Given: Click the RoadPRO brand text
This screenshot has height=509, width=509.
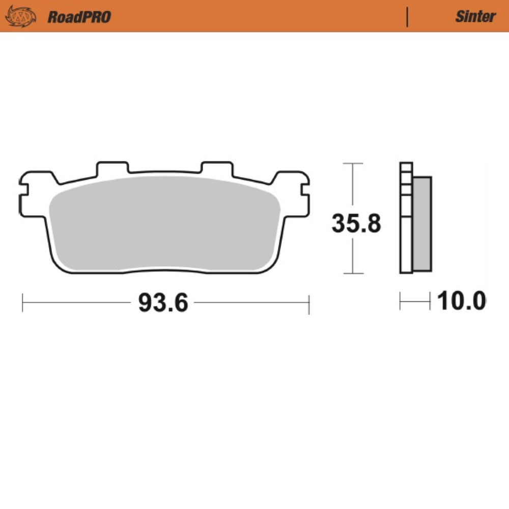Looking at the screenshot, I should pyautogui.click(x=79, y=17).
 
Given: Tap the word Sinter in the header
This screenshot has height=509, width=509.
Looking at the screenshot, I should pyautogui.click(x=475, y=16).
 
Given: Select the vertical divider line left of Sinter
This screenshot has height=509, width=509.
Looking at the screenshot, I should pyautogui.click(x=407, y=17).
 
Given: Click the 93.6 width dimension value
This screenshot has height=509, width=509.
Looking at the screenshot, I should pyautogui.click(x=163, y=304).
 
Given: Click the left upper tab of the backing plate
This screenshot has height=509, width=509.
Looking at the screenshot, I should pyautogui.click(x=112, y=168).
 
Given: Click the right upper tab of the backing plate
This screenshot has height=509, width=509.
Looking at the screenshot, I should pyautogui.click(x=216, y=168).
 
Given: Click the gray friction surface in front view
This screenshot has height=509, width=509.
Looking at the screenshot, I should pyautogui.click(x=165, y=224).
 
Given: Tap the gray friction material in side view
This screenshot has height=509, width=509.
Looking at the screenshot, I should pyautogui.click(x=422, y=224).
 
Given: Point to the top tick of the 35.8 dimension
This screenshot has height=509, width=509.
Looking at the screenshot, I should pyautogui.click(x=352, y=164).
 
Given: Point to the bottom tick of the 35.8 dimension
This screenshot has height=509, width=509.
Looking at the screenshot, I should pyautogui.click(x=352, y=273).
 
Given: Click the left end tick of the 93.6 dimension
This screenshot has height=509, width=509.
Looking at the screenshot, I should pyautogui.click(x=23, y=303).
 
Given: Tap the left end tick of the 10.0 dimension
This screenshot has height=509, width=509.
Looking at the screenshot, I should pyautogui.click(x=401, y=301).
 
